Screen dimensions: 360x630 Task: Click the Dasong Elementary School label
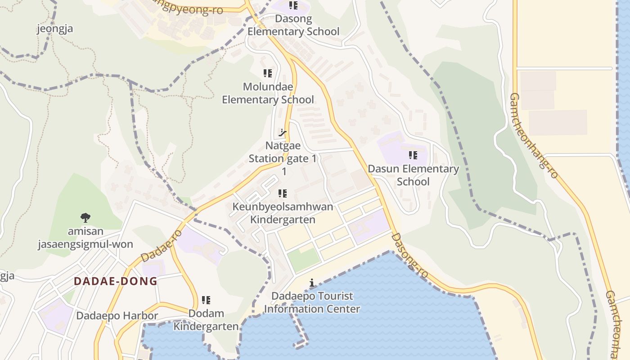293,25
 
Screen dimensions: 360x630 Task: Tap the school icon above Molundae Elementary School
268,73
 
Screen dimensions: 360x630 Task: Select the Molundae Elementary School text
268,93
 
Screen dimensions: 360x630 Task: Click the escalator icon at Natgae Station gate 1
283,132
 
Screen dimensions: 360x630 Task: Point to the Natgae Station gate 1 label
283,153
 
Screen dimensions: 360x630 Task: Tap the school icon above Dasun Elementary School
413,156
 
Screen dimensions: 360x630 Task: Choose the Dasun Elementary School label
413,175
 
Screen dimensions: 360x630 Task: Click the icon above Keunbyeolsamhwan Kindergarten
283,193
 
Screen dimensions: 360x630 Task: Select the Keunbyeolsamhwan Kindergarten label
283,213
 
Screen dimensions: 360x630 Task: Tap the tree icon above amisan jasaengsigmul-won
85,218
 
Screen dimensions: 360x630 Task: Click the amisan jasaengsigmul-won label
85,238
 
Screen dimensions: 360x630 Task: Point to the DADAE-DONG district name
116,281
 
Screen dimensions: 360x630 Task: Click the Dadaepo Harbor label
117,316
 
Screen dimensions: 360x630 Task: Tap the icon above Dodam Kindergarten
206,300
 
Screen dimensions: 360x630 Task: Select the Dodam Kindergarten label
206,320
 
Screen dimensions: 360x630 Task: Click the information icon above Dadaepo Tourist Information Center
312,283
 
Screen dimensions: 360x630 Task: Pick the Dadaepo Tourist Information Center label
312,303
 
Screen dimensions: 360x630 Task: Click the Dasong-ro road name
409,255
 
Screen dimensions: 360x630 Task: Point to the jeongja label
54,29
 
